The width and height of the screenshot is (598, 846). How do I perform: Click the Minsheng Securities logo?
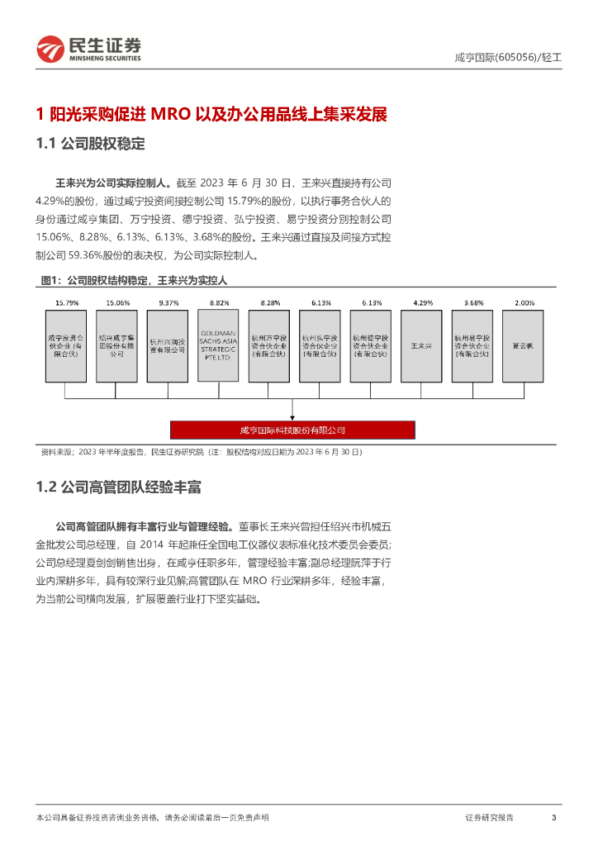pyautogui.click(x=89, y=50)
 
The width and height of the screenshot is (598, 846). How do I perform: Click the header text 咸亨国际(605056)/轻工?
pyautogui.click(x=508, y=58)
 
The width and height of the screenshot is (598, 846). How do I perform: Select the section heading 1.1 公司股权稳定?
pyautogui.click(x=91, y=144)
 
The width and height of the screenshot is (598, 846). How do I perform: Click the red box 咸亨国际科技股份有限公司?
pyautogui.click(x=292, y=430)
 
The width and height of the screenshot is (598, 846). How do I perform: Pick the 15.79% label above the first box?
pyautogui.click(x=66, y=303)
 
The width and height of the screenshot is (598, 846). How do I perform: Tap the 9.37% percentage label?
pyautogui.click(x=168, y=303)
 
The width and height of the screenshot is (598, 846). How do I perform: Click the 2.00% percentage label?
pyautogui.click(x=523, y=303)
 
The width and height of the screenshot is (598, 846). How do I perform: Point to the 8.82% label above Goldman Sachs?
pyautogui.click(x=219, y=303)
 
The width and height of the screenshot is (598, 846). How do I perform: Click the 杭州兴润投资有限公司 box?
pyautogui.click(x=168, y=346)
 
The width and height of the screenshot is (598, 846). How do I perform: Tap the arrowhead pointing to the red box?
pyautogui.click(x=292, y=417)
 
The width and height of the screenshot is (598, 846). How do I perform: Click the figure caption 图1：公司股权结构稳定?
pyautogui.click(x=133, y=280)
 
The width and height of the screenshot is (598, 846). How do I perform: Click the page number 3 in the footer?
pyautogui.click(x=553, y=817)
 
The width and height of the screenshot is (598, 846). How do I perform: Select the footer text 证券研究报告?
pyautogui.click(x=489, y=817)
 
